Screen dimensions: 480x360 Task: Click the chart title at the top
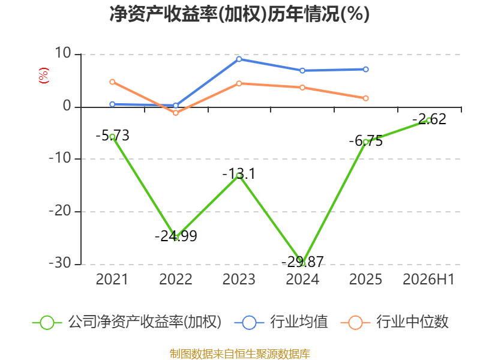click(x=239, y=14)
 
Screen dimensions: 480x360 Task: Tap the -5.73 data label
click(x=112, y=136)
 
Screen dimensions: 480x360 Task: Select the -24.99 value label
click(x=176, y=236)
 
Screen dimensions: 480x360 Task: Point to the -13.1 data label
click(x=239, y=174)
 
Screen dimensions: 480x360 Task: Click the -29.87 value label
click(x=302, y=262)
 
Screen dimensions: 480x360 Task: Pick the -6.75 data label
click(x=366, y=141)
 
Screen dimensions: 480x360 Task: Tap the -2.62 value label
click(x=429, y=119)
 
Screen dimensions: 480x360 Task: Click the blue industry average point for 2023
click(x=239, y=59)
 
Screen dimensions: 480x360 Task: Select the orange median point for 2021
click(x=112, y=82)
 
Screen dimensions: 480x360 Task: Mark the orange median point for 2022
click(x=176, y=113)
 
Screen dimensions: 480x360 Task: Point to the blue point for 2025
click(x=366, y=70)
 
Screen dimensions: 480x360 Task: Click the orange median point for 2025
click(x=366, y=98)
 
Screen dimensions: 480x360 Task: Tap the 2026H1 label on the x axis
click(x=428, y=280)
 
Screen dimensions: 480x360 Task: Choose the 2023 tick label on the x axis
click(x=239, y=280)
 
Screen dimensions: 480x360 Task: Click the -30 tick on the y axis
click(x=60, y=263)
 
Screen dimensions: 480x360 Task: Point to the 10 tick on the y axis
click(x=63, y=53)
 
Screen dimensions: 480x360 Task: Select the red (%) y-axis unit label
click(x=44, y=76)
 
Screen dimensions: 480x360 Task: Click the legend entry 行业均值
click(x=281, y=322)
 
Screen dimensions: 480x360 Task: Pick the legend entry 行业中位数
click(x=395, y=322)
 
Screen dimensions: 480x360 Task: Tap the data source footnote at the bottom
click(x=240, y=354)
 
